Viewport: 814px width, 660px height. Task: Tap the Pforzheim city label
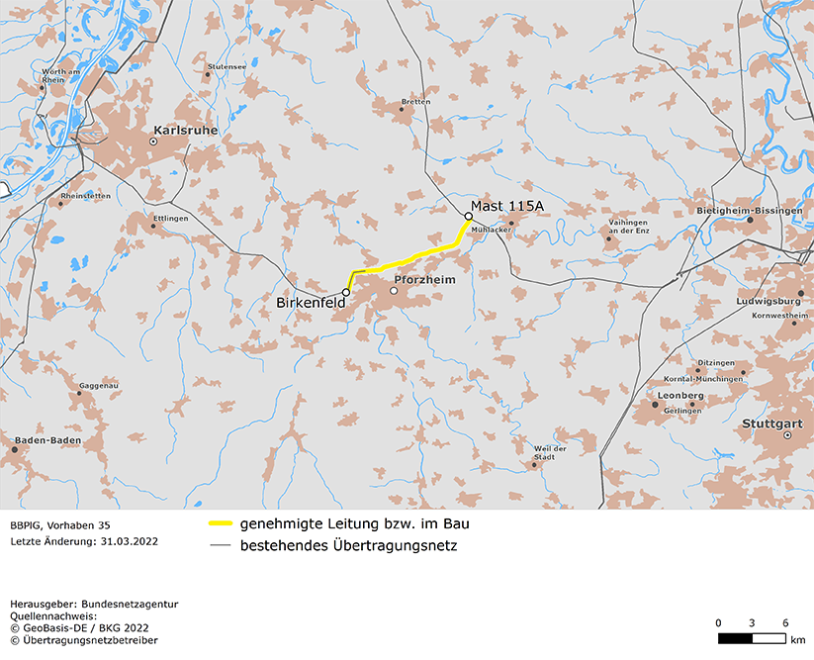pyautogui.click(x=424, y=280)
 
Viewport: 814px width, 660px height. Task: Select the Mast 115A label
pyautogui.click(x=506, y=205)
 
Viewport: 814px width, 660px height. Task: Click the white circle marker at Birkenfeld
pyautogui.click(x=346, y=292)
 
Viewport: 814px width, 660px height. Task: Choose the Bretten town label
pyautogui.click(x=415, y=101)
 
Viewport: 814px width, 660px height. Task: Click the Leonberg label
pyautogui.click(x=680, y=395)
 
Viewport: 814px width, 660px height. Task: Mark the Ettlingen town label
pyautogui.click(x=170, y=217)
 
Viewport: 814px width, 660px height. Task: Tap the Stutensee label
pyautogui.click(x=226, y=67)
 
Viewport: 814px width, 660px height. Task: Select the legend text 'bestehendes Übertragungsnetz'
pyautogui.click(x=348, y=544)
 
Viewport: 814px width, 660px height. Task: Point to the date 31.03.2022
pyautogui.click(x=129, y=542)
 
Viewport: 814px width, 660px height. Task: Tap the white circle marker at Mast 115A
pyautogui.click(x=469, y=216)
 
